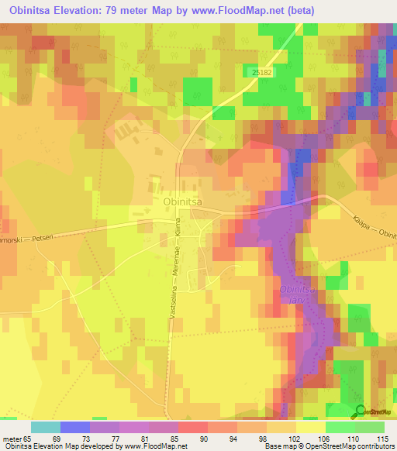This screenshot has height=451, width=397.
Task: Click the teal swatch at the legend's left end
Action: pos(45,427)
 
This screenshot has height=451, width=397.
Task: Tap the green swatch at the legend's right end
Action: pos(369,427)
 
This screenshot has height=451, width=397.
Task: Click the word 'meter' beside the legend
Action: pos(12,439)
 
